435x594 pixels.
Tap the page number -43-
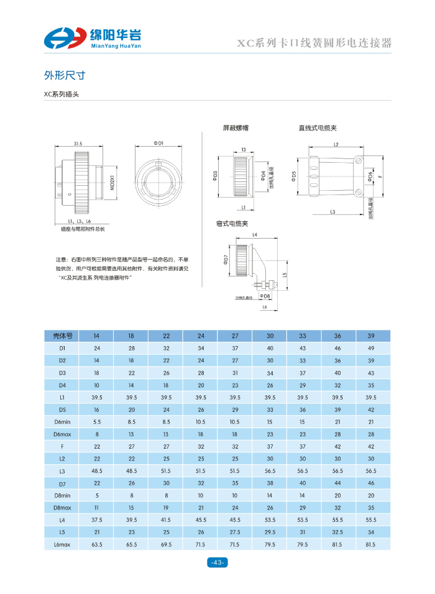pyautogui.click(x=217, y=562)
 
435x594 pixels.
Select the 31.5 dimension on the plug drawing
pyautogui.click(x=78, y=144)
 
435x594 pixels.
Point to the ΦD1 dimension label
pyautogui.click(x=158, y=144)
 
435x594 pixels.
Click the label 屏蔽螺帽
pyautogui.click(x=236, y=129)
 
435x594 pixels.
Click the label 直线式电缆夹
pyautogui.click(x=318, y=129)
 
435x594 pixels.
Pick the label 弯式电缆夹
pyautogui.click(x=232, y=223)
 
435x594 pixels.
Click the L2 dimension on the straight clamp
pyautogui.click(x=336, y=144)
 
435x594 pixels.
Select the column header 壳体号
pyautogui.click(x=62, y=336)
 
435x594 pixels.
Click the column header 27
pyautogui.click(x=236, y=336)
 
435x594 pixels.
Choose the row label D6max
pyautogui.click(x=62, y=434)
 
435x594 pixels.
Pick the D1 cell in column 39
pyautogui.click(x=371, y=349)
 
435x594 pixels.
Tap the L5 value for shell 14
pyautogui.click(x=97, y=532)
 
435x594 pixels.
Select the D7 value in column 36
pyautogui.click(x=337, y=483)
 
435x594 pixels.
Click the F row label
pyautogui.click(x=62, y=446)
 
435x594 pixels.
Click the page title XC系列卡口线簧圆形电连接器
pyautogui.click(x=315, y=43)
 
